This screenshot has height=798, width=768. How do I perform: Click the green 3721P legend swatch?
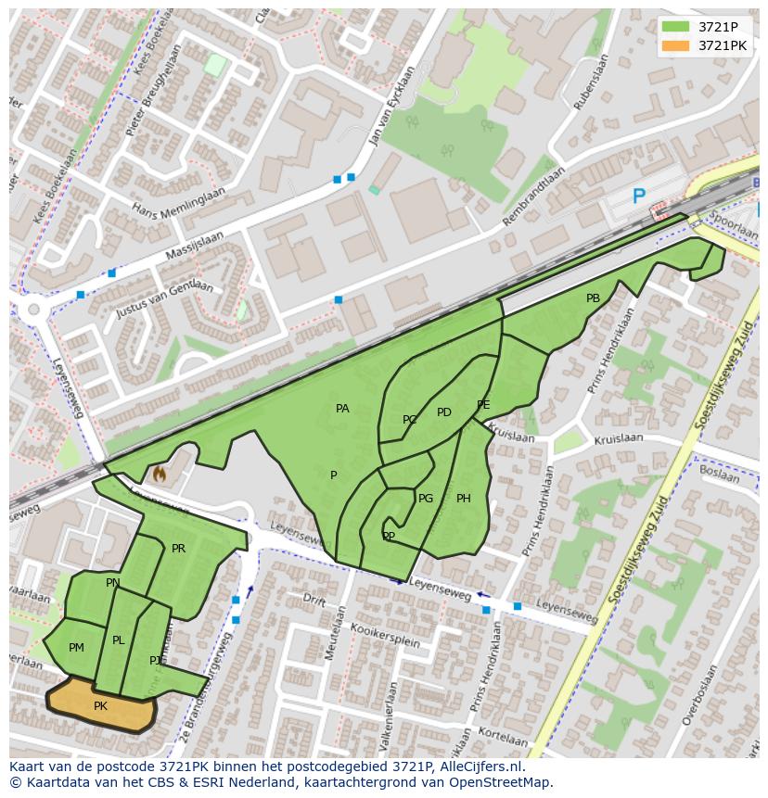(x=676, y=26)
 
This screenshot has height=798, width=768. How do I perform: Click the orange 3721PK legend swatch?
(x=676, y=45)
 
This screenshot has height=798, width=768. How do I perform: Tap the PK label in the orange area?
(x=101, y=706)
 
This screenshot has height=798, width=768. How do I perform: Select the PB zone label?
(x=593, y=298)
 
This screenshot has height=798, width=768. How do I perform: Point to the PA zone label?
(x=342, y=409)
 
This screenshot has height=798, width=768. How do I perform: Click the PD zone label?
(x=443, y=412)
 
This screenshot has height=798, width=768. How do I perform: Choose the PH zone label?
(x=464, y=499)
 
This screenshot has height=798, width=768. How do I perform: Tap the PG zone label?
(x=426, y=499)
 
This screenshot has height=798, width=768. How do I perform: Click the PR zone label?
(x=178, y=549)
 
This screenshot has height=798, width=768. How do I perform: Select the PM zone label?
(x=76, y=648)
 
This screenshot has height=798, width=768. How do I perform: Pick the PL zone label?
(x=118, y=640)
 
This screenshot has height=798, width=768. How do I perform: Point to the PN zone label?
(x=112, y=583)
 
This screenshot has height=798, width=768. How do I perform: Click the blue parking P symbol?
(x=638, y=196)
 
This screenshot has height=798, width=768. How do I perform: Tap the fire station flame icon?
(x=159, y=475)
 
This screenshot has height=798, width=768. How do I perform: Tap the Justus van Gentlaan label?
(x=164, y=298)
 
